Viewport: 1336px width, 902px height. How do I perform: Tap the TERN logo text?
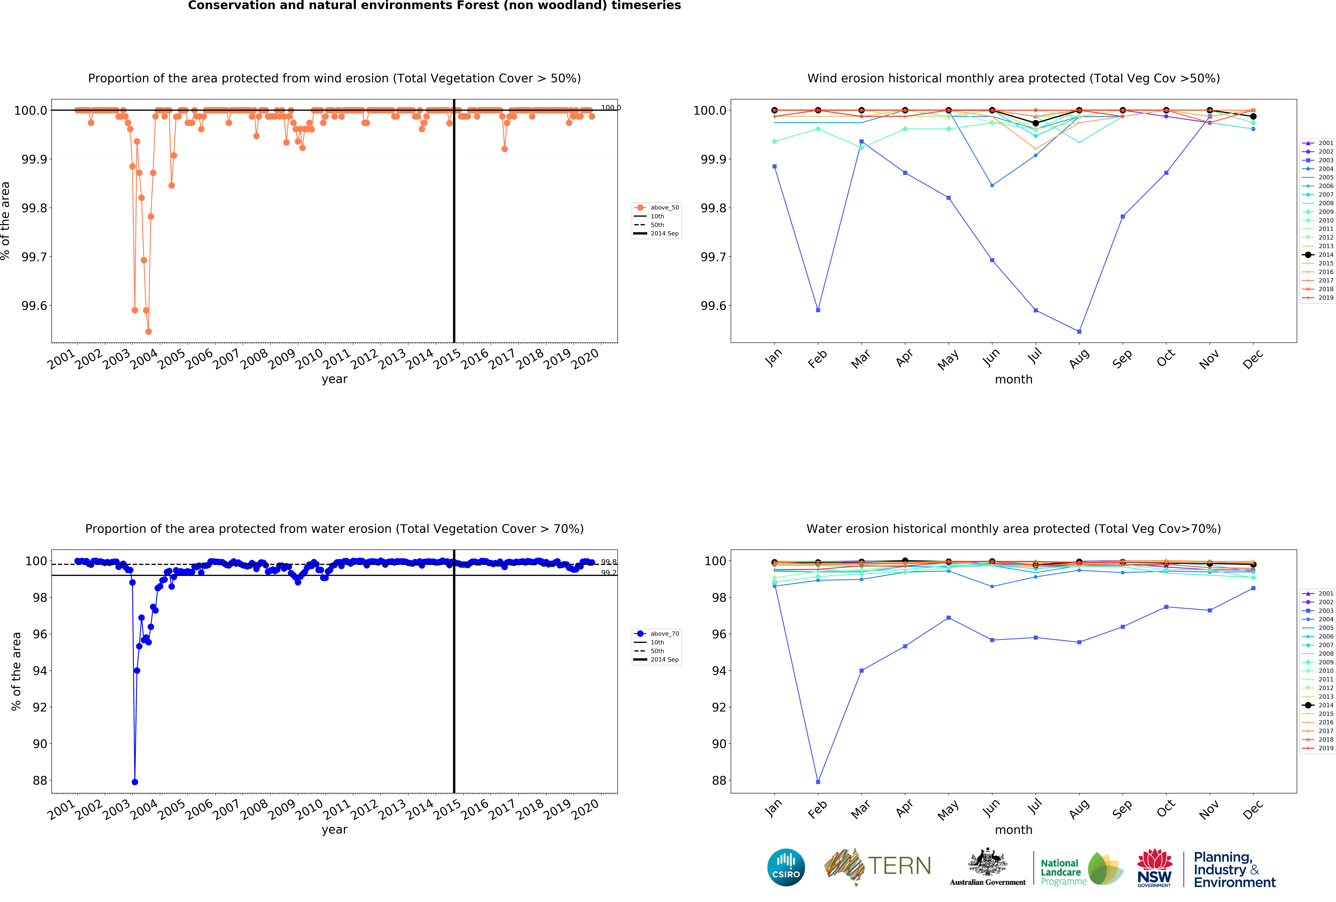point(899,866)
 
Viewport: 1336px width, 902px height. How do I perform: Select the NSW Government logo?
point(1154,868)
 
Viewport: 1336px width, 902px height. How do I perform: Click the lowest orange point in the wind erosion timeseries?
point(148,331)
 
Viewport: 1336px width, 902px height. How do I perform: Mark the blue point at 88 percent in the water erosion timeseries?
point(135,782)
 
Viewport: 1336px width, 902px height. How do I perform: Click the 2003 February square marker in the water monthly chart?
point(818,782)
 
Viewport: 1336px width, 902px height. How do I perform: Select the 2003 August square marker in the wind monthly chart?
point(1079,331)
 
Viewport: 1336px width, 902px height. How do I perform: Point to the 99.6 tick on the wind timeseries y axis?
point(34,306)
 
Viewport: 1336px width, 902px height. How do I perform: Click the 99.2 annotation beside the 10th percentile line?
point(609,573)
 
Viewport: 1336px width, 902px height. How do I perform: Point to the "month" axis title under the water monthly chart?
point(1013,830)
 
